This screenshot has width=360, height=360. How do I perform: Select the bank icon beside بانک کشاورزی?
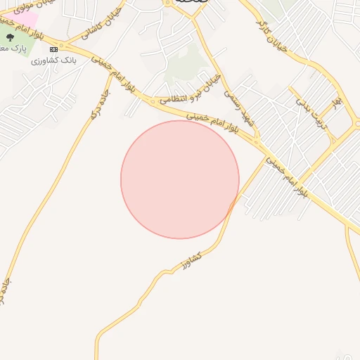click(x=54, y=49)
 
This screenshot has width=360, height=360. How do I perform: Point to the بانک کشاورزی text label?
click(x=53, y=62)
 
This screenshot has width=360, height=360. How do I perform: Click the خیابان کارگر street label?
click(x=273, y=35)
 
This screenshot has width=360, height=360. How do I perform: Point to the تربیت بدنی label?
click(x=310, y=112)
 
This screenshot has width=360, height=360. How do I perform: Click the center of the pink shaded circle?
click(x=180, y=179)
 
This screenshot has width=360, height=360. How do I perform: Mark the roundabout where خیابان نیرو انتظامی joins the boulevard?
click(x=153, y=102)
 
